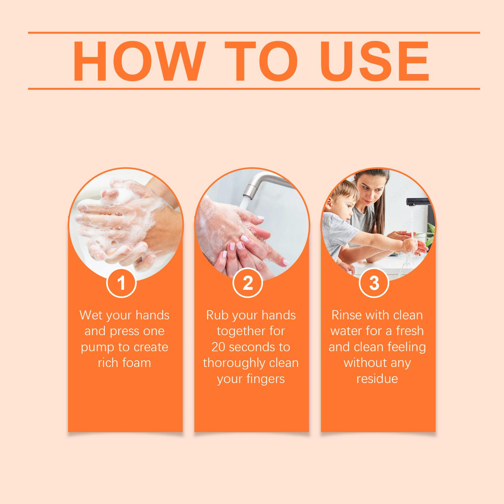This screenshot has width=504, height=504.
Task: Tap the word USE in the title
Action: pyautogui.click(x=376, y=61)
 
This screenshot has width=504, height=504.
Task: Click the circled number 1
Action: pyautogui.click(x=121, y=283)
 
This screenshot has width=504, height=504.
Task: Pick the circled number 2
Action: pyautogui.click(x=248, y=283)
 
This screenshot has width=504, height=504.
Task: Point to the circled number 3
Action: pyautogui.click(x=374, y=283)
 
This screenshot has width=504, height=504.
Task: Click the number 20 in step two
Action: pyautogui.click(x=219, y=347)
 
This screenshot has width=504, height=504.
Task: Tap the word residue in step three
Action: pyautogui.click(x=377, y=379)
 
